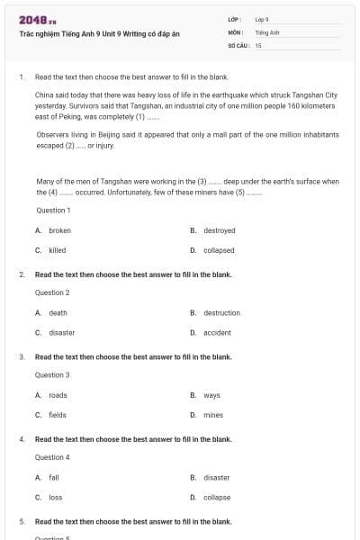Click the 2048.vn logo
point(38,19)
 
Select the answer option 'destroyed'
point(219,230)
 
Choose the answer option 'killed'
point(57,250)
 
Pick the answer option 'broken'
point(59,230)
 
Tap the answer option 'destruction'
point(221,312)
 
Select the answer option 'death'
point(58,312)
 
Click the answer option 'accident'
point(217,332)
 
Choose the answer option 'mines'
point(212,415)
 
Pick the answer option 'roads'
point(58,395)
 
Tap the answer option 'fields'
point(58,415)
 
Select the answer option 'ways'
point(211,395)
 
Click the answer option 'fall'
point(54,478)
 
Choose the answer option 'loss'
point(55,498)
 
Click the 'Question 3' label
point(52,374)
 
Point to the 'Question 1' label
point(52,210)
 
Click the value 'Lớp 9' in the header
point(262,18)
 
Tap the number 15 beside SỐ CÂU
point(258,44)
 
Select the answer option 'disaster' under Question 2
point(61,332)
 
